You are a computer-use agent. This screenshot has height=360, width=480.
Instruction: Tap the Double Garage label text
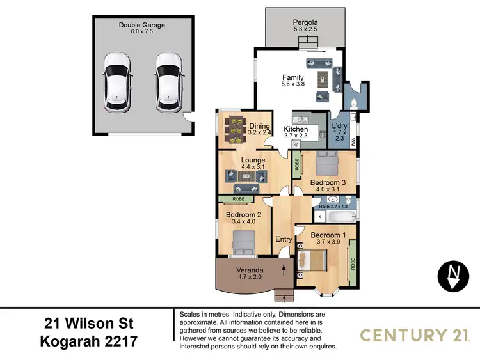click(141, 26)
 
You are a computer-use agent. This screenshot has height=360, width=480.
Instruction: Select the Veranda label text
click(247, 269)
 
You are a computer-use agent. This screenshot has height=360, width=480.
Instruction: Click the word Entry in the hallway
click(284, 240)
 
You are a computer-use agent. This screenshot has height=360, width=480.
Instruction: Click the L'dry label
click(339, 125)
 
